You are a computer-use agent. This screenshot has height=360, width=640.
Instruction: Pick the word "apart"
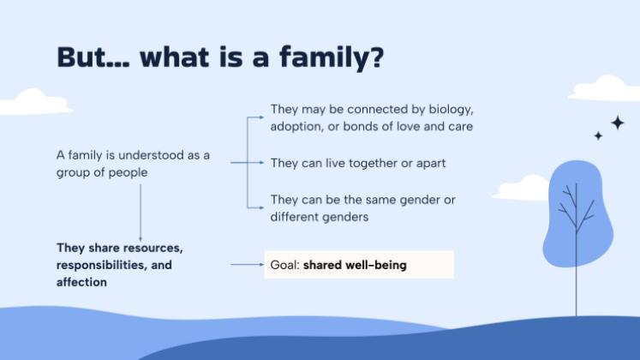tap(429, 163)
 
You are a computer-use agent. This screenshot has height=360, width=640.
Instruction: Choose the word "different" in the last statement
tap(300, 217)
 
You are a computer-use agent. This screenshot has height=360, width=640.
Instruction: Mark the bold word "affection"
tap(81, 282)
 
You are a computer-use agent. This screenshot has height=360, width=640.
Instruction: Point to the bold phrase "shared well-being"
tap(355, 265)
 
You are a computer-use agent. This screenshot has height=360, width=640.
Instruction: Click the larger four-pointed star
tap(617, 123)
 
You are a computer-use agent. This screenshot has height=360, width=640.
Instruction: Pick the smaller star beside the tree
tap(598, 135)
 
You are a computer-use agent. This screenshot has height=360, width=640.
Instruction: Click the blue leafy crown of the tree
tap(578, 210)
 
